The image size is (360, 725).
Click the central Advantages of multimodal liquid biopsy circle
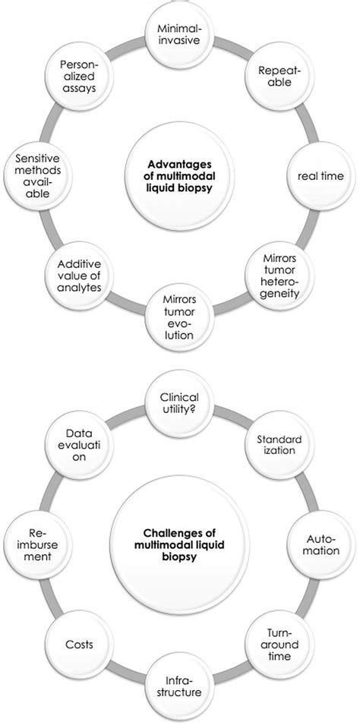pyautogui.click(x=180, y=176)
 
